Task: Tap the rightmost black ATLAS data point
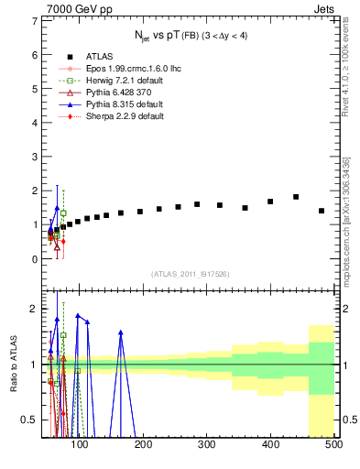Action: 321,211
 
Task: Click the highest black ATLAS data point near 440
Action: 296,197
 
